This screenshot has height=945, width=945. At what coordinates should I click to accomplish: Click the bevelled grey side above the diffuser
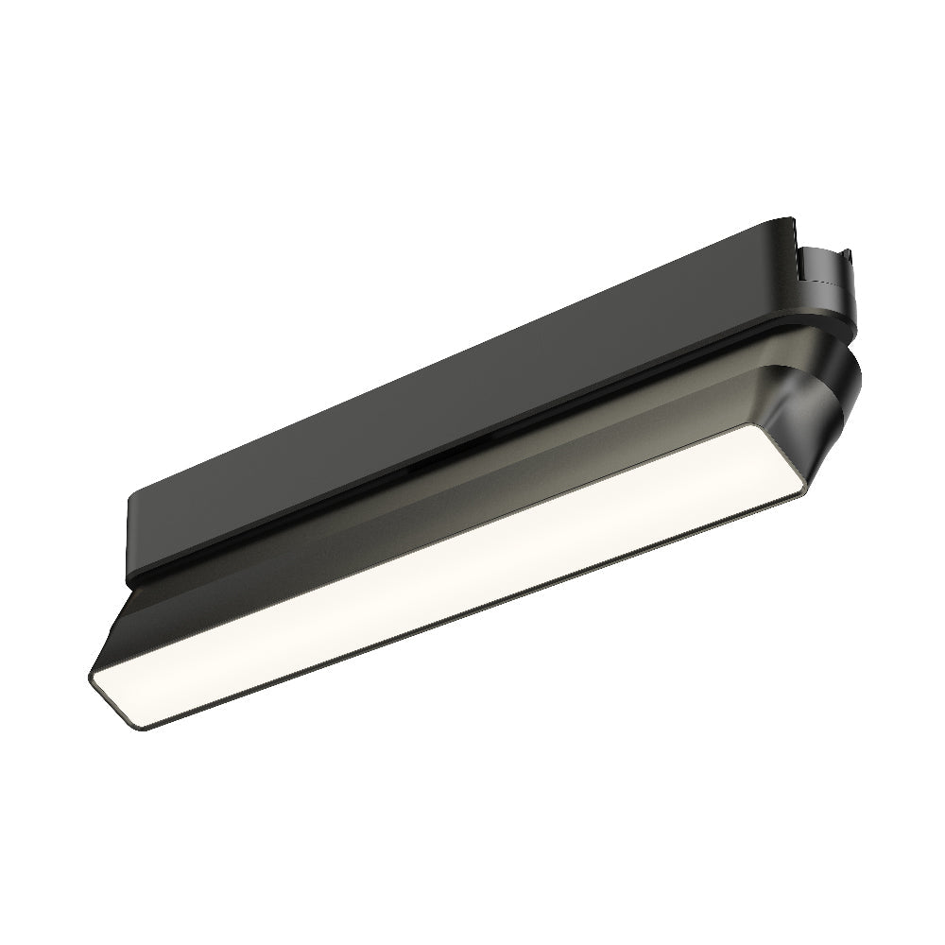[454, 529]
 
